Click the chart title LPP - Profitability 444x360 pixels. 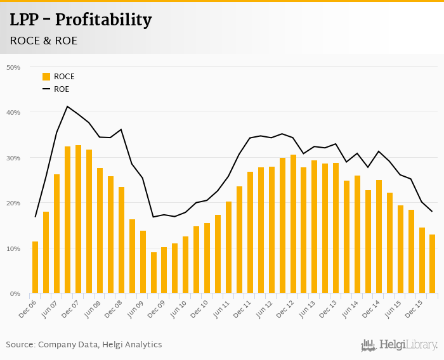point(81,20)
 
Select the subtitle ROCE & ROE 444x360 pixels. point(43,41)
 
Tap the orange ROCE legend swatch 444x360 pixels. point(46,77)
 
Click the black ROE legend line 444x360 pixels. point(46,89)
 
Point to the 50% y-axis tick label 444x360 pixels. point(13,67)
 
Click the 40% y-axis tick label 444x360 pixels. point(13,113)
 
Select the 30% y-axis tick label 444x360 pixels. point(13,158)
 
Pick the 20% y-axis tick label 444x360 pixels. point(13,203)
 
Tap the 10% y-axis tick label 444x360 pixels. point(13,248)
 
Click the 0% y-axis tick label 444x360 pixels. point(15,294)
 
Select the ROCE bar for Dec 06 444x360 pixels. point(35,267)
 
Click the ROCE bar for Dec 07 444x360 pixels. point(78,219)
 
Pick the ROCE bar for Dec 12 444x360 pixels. point(293,224)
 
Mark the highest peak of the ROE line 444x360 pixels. point(67,106)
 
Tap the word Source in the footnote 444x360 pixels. point(20,345)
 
